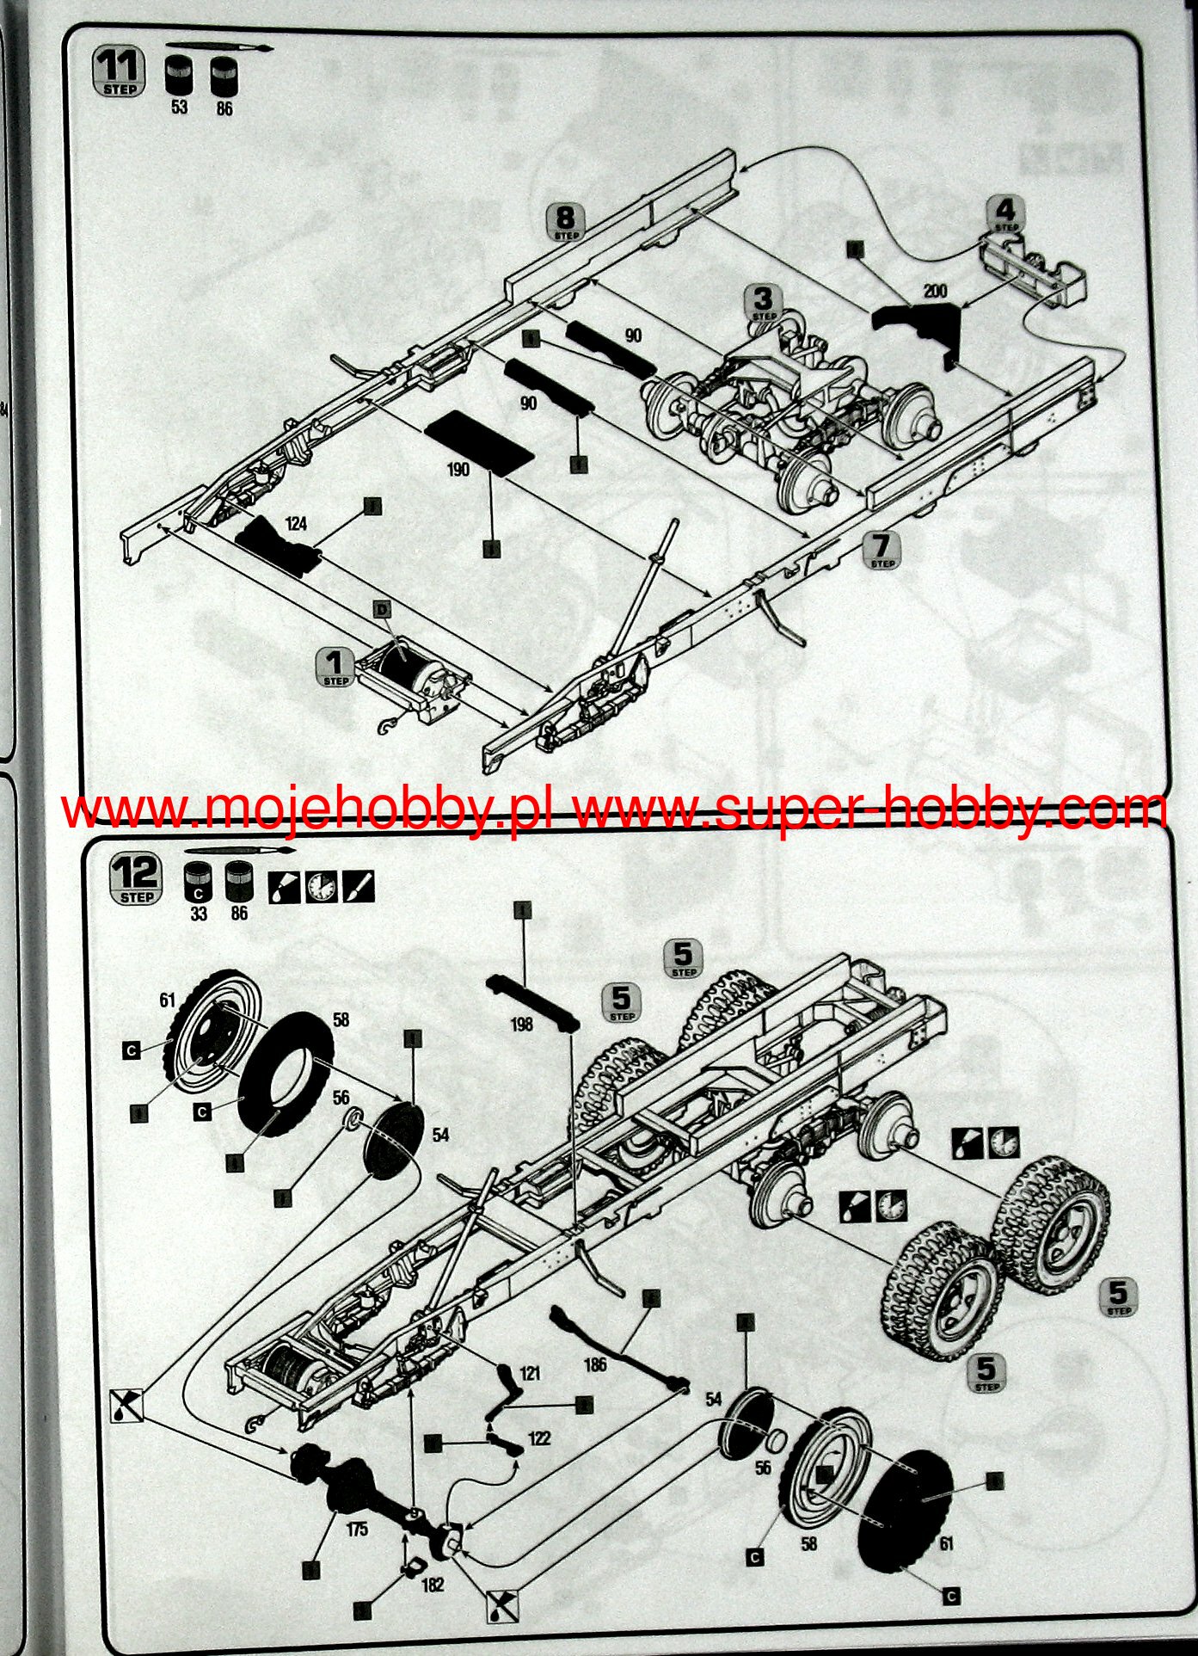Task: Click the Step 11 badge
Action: [x=119, y=72]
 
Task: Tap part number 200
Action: [x=935, y=292]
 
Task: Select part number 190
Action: [x=458, y=469]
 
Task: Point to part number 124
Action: [x=296, y=523]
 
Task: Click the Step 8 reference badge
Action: [x=566, y=222]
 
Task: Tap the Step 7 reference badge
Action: [x=882, y=550]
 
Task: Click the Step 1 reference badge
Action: [x=335, y=667]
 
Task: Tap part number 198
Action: [x=521, y=1023]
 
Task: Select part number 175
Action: [x=357, y=1529]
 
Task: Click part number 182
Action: [x=433, y=1584]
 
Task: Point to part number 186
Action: [x=594, y=1364]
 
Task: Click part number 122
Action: [x=539, y=1437]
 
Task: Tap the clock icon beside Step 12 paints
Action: [x=321, y=887]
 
